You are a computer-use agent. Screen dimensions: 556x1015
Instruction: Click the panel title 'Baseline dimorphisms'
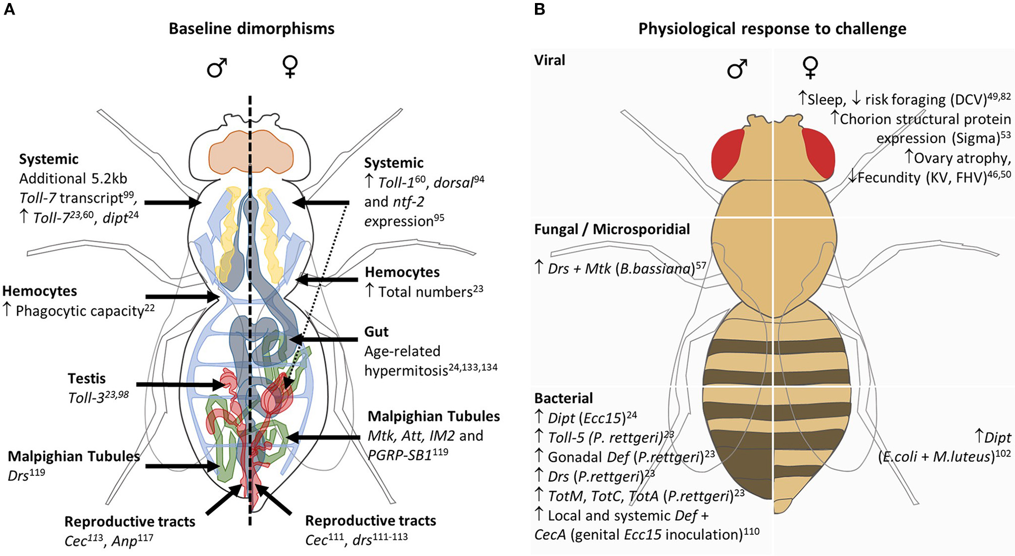251,28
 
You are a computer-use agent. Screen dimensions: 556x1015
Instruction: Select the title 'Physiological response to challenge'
772,28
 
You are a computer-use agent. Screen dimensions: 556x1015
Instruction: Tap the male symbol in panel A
217,67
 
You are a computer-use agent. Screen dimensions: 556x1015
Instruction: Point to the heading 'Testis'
87,378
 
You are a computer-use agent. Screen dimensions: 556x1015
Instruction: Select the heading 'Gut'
376,331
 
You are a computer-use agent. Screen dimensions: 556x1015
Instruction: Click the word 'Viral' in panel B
550,60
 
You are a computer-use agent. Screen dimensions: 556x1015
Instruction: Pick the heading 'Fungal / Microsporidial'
612,229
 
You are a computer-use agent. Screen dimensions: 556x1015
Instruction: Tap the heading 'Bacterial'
563,398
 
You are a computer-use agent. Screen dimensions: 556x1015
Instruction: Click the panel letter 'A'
9,9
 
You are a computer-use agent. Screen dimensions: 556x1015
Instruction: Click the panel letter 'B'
539,9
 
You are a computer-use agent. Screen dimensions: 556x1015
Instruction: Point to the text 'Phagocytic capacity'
80,311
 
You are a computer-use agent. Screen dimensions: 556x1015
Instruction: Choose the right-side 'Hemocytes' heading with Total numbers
402,272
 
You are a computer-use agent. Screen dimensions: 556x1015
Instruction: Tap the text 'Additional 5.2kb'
73,178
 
